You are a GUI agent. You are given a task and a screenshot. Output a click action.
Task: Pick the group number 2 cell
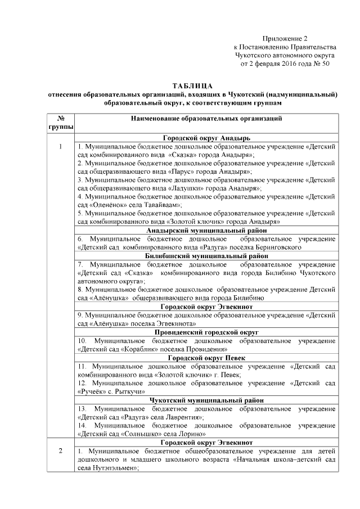[x=60, y=452]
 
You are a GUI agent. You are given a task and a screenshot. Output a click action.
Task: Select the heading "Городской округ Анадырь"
[x=206, y=138]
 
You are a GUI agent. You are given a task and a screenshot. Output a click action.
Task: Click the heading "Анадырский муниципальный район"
[x=206, y=231]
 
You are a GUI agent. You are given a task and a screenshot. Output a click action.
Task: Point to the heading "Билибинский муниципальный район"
[x=206, y=256]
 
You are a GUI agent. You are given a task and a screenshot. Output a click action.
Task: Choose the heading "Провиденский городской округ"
[x=206, y=333]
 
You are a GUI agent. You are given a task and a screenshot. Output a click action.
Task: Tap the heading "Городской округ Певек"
[x=206, y=358]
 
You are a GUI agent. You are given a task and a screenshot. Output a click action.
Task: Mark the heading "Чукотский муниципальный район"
[x=206, y=400]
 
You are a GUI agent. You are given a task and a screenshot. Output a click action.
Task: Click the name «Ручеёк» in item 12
[x=96, y=391]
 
